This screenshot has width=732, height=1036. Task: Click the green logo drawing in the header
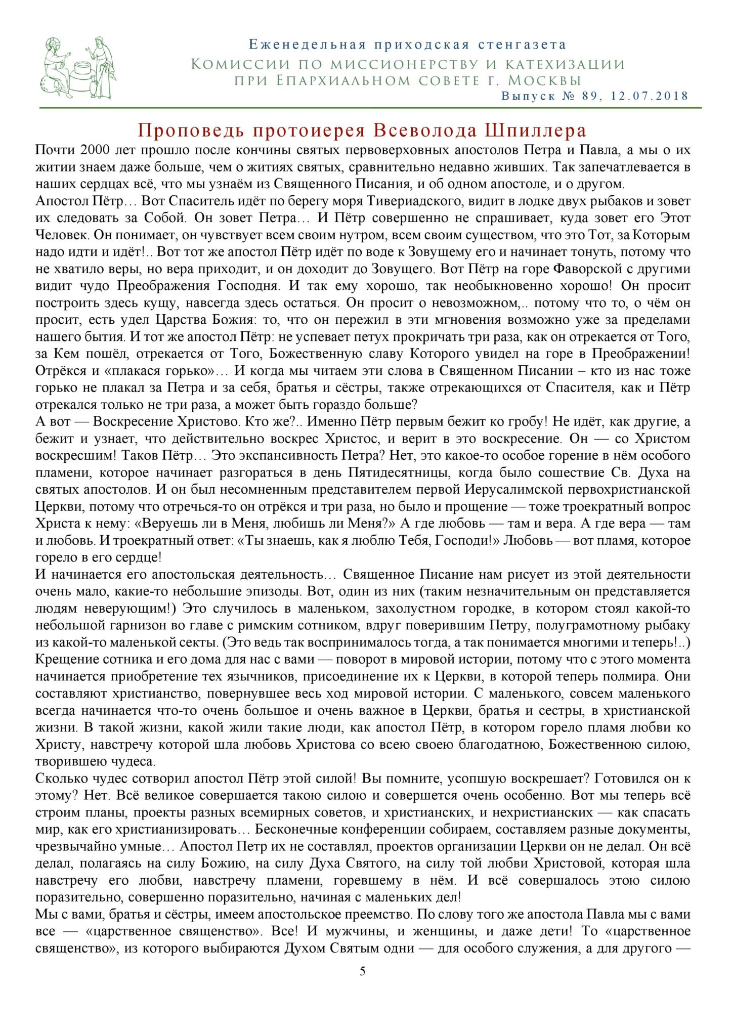coord(78,68)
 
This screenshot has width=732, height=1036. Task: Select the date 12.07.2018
coord(650,96)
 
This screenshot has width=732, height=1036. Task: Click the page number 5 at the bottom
coord(362,971)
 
